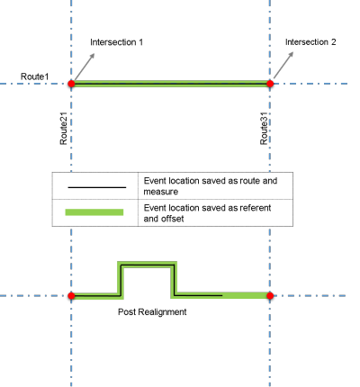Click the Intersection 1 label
click(117, 42)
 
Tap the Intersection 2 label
click(310, 42)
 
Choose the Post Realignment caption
click(153, 311)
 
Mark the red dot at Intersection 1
click(70, 85)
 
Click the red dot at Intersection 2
click(270, 85)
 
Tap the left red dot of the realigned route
click(70, 295)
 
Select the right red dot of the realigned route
click(270, 295)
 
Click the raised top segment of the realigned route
click(147, 264)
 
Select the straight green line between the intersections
click(171, 85)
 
